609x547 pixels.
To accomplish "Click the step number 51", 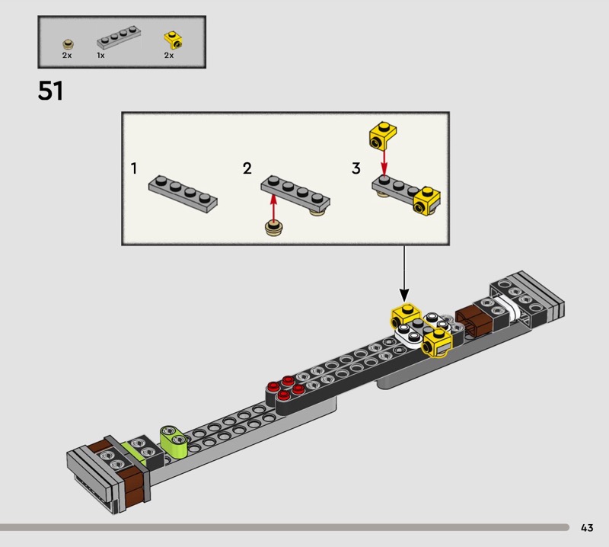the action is point(50,91).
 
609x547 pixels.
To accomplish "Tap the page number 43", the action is point(587,527).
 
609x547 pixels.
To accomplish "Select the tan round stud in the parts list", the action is point(68,44).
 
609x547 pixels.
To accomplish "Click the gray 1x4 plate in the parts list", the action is point(119,37).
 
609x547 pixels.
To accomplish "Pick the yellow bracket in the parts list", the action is point(174,40).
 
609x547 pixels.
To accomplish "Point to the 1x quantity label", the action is point(100,56).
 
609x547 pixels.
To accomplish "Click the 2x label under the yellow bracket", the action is point(169,56).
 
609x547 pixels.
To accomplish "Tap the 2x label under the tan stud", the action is point(67,56).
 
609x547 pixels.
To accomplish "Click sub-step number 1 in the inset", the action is point(134,168).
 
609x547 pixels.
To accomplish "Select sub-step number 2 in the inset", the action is point(247,168).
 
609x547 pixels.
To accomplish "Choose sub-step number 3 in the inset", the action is point(356,168).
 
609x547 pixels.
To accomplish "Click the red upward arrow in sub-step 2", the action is point(274,207).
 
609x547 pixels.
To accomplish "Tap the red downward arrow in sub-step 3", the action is point(384,162).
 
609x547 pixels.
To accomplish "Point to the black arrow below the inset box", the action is point(404,273).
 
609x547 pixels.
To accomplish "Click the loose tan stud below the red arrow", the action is point(275,228).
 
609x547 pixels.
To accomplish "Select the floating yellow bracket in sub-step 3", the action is point(383,136).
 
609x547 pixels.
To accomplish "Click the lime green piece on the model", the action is point(174,440).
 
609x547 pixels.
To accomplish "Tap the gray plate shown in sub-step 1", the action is point(183,194).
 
